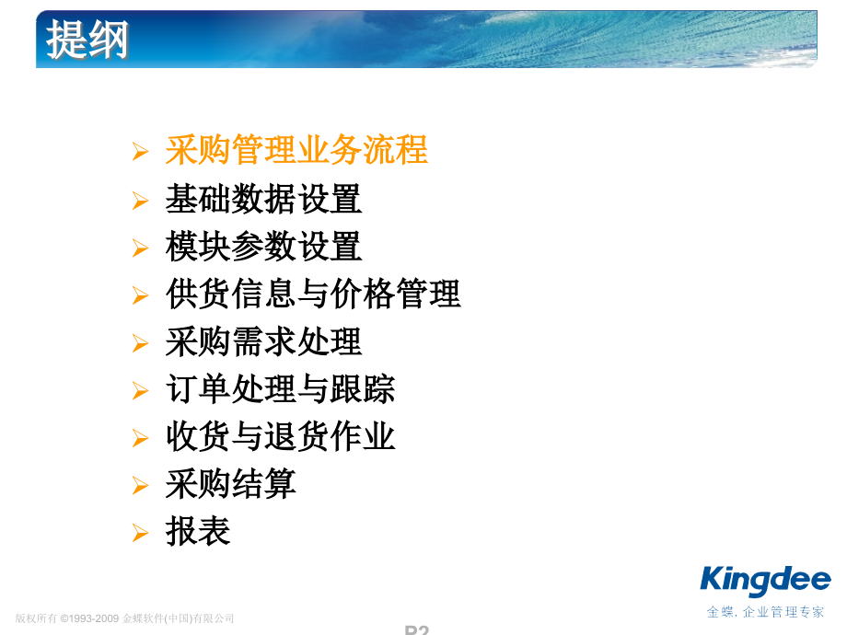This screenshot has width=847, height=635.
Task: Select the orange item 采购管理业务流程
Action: [x=296, y=150]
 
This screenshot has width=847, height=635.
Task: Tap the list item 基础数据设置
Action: [x=263, y=199]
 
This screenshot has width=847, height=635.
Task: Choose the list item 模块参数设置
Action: [x=263, y=247]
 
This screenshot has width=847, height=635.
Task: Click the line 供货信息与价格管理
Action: [x=313, y=294]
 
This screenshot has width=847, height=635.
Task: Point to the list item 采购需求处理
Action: [x=263, y=342]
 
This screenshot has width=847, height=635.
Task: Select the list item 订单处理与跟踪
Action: [x=280, y=389]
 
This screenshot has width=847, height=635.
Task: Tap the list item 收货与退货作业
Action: [x=280, y=436]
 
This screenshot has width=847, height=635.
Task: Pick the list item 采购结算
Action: [x=230, y=484]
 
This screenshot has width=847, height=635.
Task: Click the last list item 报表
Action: [x=198, y=532]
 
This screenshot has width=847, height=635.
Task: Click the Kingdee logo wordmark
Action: [x=765, y=581]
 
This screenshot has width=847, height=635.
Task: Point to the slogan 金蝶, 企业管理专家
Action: [x=766, y=612]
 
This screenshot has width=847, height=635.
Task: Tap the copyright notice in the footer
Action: [x=125, y=618]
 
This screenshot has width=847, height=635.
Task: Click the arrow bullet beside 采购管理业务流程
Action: [x=140, y=152]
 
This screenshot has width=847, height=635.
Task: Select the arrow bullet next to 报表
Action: [x=140, y=533]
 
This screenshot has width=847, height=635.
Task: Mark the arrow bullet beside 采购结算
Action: [x=140, y=485]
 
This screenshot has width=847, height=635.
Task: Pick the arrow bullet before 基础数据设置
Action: [x=140, y=200]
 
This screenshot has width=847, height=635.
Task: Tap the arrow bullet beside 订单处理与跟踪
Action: [x=140, y=390]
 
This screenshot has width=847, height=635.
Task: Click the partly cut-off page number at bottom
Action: [x=416, y=630]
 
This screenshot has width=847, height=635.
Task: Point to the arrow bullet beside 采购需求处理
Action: [x=140, y=343]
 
